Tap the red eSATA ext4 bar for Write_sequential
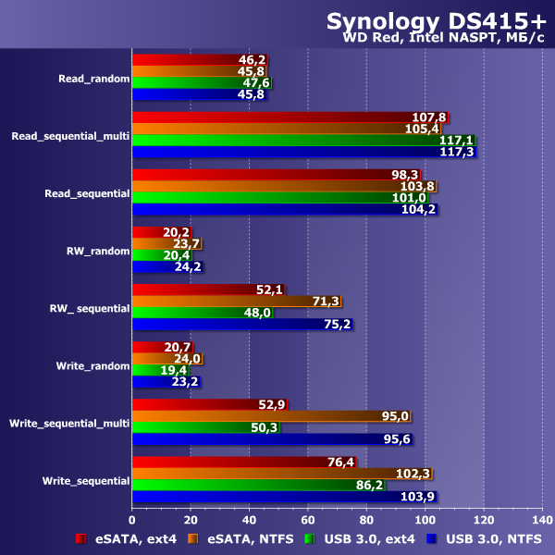point(240,462)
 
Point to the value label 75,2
point(337,325)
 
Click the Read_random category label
point(92,79)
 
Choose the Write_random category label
point(92,365)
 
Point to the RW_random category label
point(97,250)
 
